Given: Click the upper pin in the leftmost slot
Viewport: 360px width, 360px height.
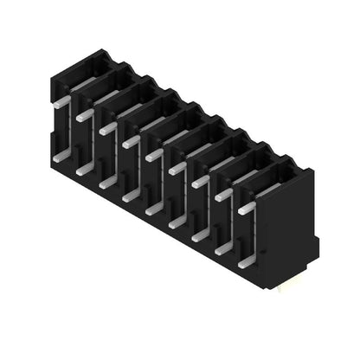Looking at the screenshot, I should pos(62,101).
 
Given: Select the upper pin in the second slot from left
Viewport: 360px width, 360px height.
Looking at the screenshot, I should pos(85,114).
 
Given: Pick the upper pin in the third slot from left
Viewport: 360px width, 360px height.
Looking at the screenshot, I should pos(108,128).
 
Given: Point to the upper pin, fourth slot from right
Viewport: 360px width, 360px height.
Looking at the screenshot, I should pos(177,168).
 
